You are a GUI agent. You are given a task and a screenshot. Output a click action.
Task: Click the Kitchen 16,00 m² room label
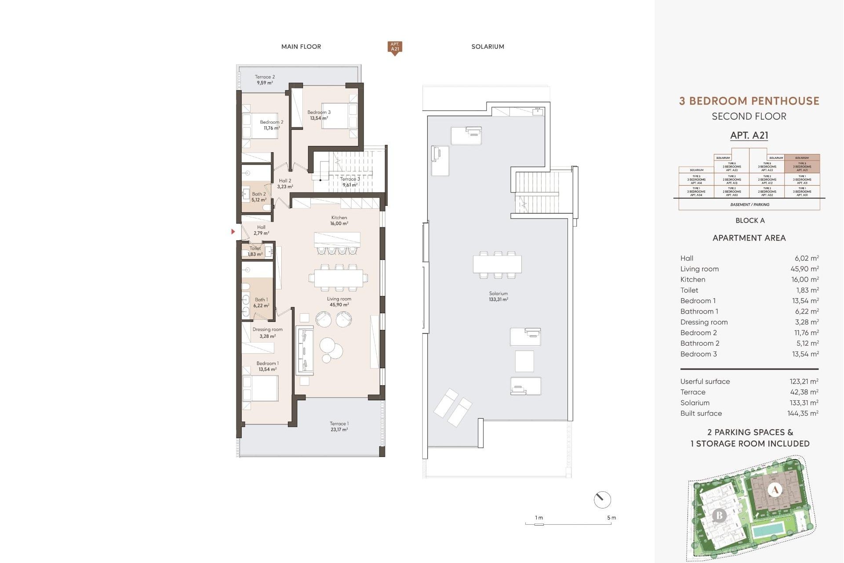pos(339,220)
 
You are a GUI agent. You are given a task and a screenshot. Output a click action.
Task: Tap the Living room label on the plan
pos(339,302)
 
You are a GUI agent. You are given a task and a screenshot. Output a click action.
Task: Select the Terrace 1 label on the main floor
pos(339,427)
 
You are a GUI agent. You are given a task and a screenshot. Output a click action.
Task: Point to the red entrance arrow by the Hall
pos(233,231)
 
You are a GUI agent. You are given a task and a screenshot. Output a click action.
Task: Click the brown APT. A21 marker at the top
pos(395,47)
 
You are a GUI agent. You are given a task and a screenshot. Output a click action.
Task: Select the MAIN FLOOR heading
pos(301,47)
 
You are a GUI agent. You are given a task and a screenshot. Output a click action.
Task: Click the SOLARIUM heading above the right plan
pos(487,47)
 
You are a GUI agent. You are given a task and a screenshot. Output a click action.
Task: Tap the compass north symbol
pos(602,500)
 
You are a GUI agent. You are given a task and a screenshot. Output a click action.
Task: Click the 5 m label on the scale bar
pos(611,518)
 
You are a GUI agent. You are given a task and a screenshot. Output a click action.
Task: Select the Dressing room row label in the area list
pos(704,322)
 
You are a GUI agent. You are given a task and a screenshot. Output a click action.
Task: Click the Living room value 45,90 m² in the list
pos(804,269)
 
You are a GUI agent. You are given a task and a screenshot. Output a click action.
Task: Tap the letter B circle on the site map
pos(719,515)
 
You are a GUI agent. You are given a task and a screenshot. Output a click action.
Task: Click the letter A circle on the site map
pos(775,490)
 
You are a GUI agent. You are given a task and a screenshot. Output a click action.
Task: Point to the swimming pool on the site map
pos(768,530)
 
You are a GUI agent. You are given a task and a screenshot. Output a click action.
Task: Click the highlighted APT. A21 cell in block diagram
pos(802,167)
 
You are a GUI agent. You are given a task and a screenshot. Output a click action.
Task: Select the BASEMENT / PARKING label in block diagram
pos(749,205)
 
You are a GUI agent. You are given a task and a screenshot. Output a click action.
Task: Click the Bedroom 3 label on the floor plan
pos(319,115)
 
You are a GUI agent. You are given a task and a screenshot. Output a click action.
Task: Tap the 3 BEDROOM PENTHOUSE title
pos(749,101)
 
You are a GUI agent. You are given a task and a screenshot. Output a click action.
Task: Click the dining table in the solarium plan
pos(497,264)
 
